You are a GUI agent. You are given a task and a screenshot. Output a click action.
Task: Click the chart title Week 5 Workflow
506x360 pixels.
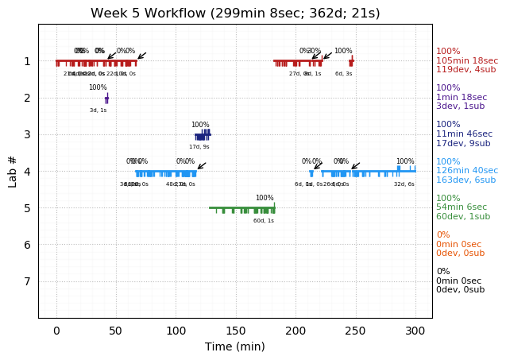[235, 13]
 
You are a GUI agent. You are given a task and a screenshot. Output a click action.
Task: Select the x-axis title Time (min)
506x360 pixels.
[235, 346]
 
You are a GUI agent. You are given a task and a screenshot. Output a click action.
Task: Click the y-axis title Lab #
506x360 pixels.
[13, 171]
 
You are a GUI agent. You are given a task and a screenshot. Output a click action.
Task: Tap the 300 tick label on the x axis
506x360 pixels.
[415, 330]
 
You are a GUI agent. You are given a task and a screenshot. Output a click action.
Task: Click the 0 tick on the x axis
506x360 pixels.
[56, 330]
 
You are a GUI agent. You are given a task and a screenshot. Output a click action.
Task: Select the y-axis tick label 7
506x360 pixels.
[27, 281]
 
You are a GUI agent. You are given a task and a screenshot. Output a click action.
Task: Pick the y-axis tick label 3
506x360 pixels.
[27, 134]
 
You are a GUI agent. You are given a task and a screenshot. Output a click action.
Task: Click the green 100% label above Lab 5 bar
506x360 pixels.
[265, 198]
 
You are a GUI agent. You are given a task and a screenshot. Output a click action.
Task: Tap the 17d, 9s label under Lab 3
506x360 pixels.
[199, 147]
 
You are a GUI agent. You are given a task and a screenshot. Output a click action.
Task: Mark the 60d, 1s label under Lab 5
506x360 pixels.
[264, 220]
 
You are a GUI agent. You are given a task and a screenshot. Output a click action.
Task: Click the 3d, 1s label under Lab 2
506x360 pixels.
[98, 110]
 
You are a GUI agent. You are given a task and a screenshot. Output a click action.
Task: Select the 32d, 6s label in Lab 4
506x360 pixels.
[404, 184]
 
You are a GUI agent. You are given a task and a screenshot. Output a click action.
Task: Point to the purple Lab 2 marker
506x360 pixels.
[106, 99]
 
